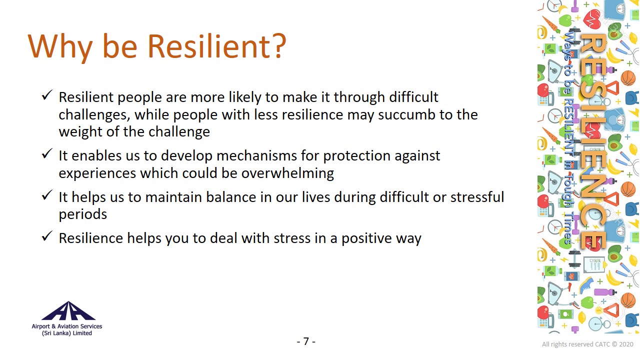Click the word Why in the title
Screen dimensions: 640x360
tap(60, 47)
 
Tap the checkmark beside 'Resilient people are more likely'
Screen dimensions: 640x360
tap(47, 95)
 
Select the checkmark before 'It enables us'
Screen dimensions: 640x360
tap(47, 153)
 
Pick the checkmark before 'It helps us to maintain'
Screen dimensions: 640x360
tap(47, 195)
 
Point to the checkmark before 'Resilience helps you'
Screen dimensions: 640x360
tap(47, 236)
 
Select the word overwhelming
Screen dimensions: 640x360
tap(287, 173)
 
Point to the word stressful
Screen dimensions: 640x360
tap(477, 197)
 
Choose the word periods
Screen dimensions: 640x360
tap(83, 215)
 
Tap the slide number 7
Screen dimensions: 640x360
tap(306, 341)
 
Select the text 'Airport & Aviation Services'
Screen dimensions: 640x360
tap(67, 326)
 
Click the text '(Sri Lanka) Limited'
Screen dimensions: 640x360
tap(67, 333)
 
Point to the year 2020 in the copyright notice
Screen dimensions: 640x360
tap(626, 344)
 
